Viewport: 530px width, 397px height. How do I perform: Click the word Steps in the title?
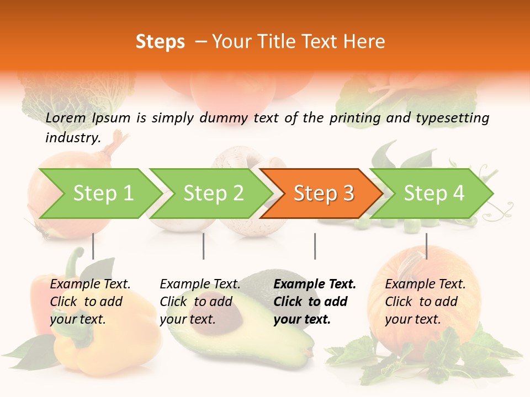[160, 42]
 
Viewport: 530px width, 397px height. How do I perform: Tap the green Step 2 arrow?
[213, 194]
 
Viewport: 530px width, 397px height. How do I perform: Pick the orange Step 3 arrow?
[324, 194]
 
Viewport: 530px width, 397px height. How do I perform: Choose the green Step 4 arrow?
[434, 194]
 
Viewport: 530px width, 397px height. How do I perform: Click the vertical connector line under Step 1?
[93, 246]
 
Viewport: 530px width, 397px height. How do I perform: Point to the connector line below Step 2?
[204, 246]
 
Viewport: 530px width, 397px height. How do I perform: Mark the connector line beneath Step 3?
[315, 246]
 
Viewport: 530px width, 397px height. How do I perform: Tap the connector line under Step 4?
[426, 246]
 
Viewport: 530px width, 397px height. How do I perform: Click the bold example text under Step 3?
[315, 302]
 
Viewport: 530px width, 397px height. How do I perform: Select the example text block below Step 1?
[90, 302]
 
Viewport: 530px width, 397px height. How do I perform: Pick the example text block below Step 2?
[200, 302]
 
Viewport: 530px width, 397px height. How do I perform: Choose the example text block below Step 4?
[425, 302]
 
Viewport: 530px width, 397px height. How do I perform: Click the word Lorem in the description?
[66, 118]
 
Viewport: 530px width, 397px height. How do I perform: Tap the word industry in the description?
[72, 138]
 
